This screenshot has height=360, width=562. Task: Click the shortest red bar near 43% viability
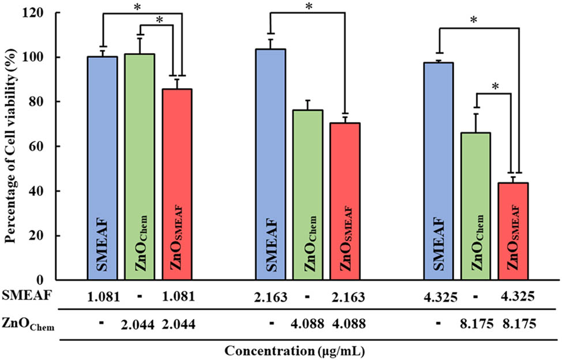513,231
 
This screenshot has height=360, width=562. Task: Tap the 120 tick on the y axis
39,12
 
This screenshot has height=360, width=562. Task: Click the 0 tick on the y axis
46,280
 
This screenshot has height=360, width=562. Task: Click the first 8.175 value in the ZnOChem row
476,324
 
